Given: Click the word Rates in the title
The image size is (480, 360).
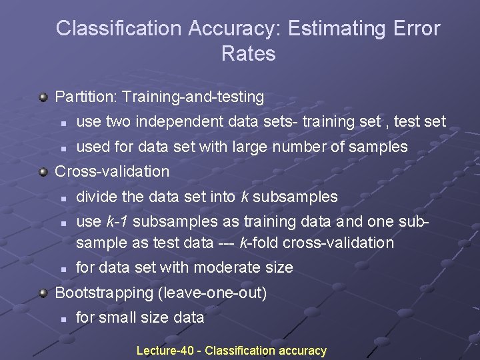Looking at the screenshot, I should (x=248, y=54).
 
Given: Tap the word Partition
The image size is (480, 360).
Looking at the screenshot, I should (x=85, y=97).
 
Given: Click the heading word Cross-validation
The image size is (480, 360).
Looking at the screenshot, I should (x=112, y=171).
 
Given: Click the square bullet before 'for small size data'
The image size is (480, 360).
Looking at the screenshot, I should (x=61, y=319).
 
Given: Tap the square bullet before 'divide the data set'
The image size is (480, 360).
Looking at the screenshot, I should (x=61, y=198).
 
